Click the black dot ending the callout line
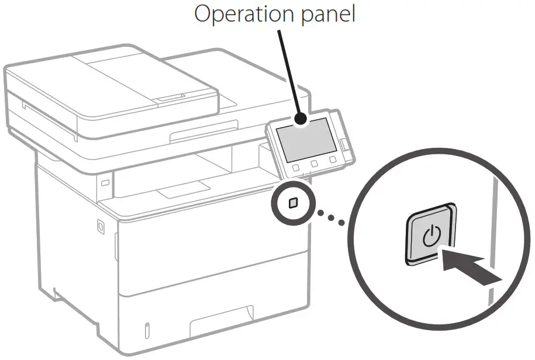tap(301, 119)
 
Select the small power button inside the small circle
tap(293, 202)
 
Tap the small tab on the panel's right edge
tap(344, 140)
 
